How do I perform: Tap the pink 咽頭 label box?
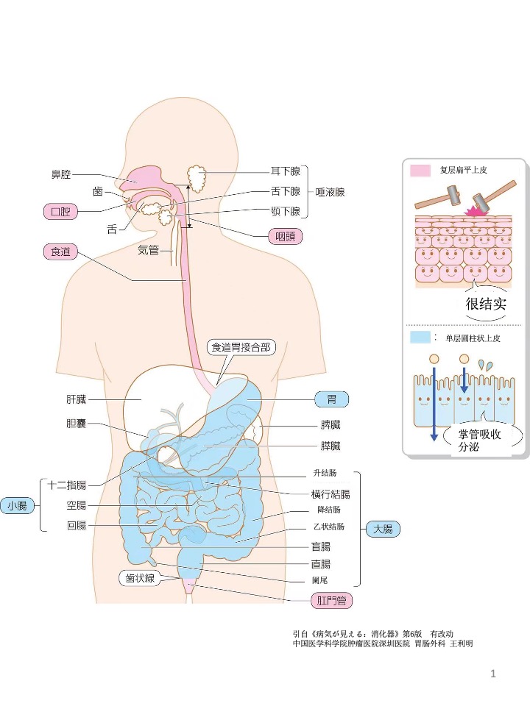284,237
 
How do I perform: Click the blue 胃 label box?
331,399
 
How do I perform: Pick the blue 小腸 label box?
18,505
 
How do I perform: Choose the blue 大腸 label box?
383,529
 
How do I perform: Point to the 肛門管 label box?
331,602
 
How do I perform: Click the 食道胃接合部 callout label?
239,347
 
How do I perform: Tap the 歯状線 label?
139,579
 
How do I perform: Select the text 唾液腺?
330,193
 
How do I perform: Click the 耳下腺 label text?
285,171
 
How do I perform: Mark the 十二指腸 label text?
67,485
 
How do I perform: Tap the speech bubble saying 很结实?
487,304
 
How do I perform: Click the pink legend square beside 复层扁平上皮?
420,171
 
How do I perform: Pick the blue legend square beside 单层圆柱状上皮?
420,338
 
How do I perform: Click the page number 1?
493,674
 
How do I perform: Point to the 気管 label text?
149,250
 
